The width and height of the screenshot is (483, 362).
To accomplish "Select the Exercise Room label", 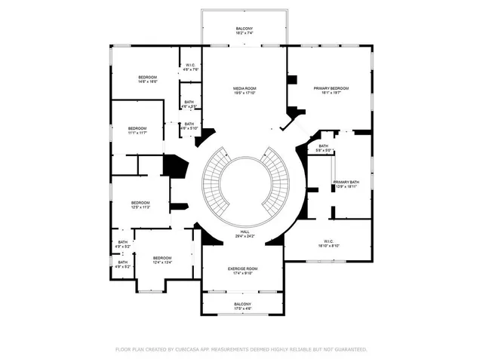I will pos(243,268).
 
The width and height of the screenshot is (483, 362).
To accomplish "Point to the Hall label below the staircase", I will pos(245,232).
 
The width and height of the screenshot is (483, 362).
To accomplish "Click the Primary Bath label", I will pos(346,183).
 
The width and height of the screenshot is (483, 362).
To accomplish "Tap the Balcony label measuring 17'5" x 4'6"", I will pos(242,304).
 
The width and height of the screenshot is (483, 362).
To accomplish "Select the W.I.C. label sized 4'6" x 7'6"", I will pos(191,65).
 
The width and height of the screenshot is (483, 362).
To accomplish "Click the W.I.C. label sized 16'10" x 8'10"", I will pos(327,241).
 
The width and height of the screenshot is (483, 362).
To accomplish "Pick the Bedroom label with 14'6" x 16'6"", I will pos(147,77).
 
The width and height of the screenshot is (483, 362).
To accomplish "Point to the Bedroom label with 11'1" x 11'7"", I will pos(137,128).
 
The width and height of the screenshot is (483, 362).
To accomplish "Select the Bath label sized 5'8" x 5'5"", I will pos(323,146).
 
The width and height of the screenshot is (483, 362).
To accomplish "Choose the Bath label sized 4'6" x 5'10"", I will pos(189,124).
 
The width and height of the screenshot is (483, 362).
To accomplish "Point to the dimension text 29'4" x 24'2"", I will pos(245,237).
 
